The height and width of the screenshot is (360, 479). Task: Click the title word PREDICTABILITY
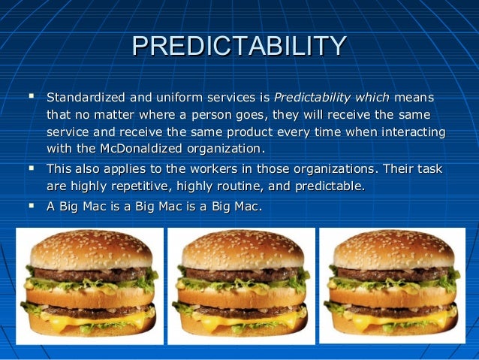tap(239, 47)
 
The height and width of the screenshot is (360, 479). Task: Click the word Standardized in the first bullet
tap(83, 98)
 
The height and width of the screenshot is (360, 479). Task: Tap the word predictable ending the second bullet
tap(331, 185)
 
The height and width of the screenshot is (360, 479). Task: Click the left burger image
tap(89, 286)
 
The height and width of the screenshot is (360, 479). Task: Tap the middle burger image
tap(241, 286)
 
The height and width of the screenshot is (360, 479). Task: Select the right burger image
tap(392, 286)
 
